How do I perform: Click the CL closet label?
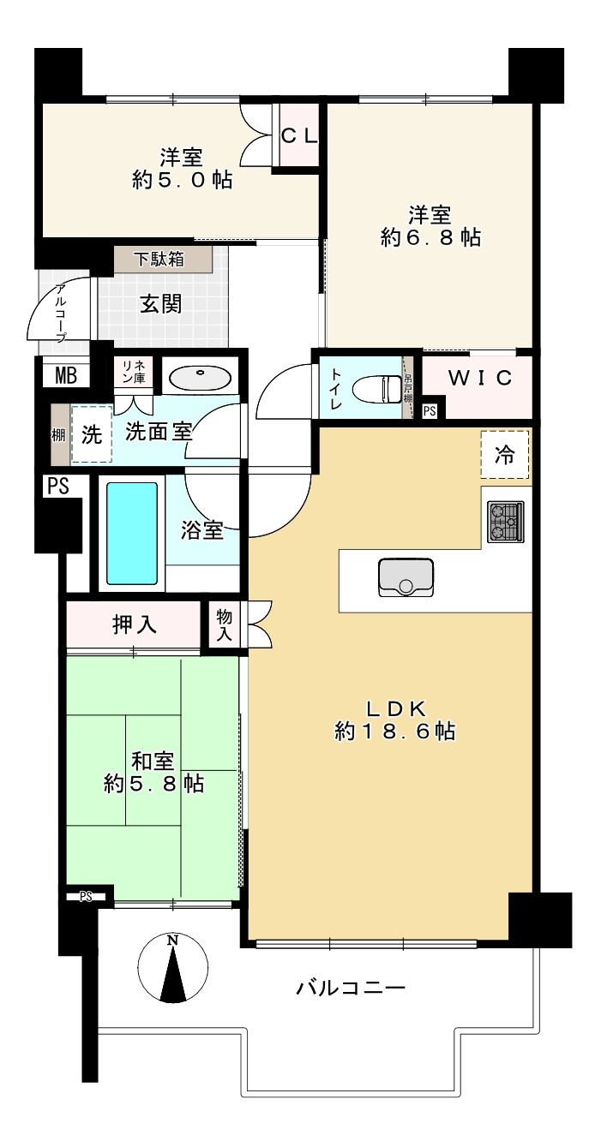pyautogui.click(x=300, y=135)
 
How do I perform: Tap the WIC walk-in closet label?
pyautogui.click(x=480, y=378)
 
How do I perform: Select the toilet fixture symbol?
pyautogui.click(x=377, y=388)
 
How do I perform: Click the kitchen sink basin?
pyautogui.click(x=406, y=577)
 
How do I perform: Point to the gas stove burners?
pyautogui.click(x=506, y=522)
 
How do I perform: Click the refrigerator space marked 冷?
pyautogui.click(x=504, y=455)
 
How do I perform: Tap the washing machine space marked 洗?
pyautogui.click(x=92, y=435)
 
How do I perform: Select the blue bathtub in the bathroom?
pyautogui.click(x=132, y=534)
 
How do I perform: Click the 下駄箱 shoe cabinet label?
pyautogui.click(x=159, y=259)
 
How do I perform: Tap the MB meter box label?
pyautogui.click(x=66, y=376)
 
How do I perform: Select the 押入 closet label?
pyautogui.click(x=134, y=624)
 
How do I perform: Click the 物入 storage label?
pyautogui.click(x=225, y=626)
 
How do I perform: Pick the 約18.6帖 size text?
pyautogui.click(x=394, y=732)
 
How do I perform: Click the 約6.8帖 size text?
pyautogui.click(x=430, y=237)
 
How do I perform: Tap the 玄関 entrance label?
pyautogui.click(x=161, y=304)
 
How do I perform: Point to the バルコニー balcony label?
pyautogui.click(x=351, y=987)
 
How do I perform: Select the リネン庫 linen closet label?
pyautogui.click(x=133, y=373)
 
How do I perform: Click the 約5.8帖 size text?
pyautogui.click(x=153, y=784)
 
